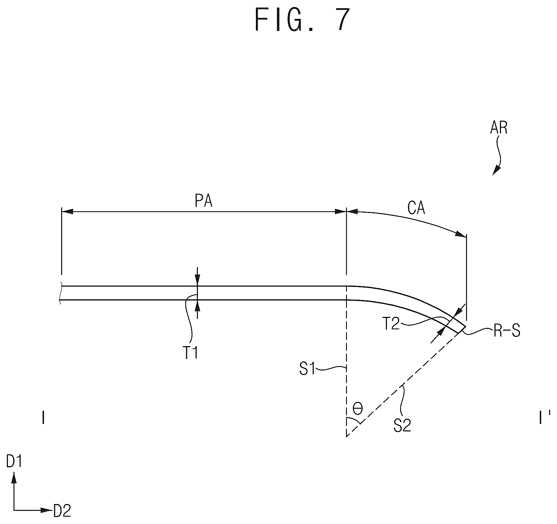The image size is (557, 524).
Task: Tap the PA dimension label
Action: pyautogui.click(x=203, y=202)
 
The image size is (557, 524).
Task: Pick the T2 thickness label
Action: pyautogui.click(x=391, y=324)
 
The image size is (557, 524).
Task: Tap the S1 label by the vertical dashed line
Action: pyautogui.click(x=308, y=371)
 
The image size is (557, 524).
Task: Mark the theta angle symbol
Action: pyautogui.click(x=358, y=409)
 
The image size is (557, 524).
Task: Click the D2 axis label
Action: pyautogui.click(x=62, y=511)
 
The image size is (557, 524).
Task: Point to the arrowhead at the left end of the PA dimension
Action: pyautogui.click(x=67, y=212)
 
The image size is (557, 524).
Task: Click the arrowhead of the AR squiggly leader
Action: pyautogui.click(x=497, y=171)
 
